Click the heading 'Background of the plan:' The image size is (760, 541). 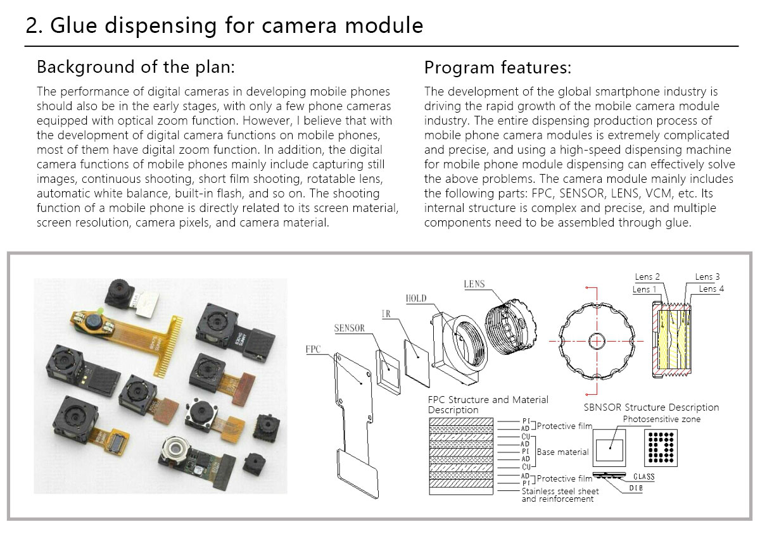[136, 67]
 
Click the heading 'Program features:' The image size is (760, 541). [498, 67]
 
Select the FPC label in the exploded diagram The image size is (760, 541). [313, 349]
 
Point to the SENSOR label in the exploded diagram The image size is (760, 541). [350, 328]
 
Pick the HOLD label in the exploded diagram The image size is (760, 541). [416, 298]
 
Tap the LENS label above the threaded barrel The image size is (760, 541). [474, 284]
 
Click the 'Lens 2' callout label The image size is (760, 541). [647, 277]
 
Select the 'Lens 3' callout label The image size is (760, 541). [707, 277]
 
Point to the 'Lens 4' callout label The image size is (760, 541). [711, 289]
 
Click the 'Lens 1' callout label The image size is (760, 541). [645, 290]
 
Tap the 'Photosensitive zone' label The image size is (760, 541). [662, 420]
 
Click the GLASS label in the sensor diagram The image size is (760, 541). [643, 476]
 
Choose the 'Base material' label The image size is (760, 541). [562, 452]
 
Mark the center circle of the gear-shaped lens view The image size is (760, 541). [597, 340]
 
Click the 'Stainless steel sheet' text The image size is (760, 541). [559, 491]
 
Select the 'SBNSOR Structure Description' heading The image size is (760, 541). [651, 407]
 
